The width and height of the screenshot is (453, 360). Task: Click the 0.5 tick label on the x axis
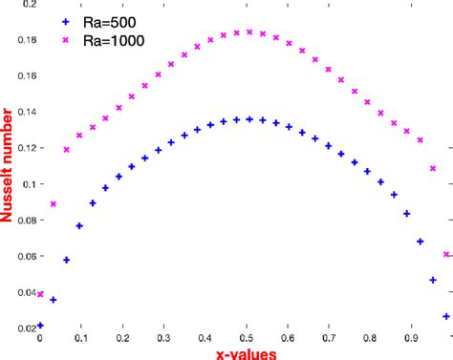point(247,337)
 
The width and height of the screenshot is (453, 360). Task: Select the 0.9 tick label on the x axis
point(411,337)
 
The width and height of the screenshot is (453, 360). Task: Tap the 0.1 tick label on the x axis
point(80,337)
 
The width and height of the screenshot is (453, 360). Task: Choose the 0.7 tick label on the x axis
point(329,337)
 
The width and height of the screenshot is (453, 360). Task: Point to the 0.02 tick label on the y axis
point(23,328)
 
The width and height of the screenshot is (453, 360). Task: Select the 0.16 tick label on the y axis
point(23,76)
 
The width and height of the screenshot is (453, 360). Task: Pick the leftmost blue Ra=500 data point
point(40,326)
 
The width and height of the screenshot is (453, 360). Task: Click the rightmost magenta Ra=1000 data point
point(446,255)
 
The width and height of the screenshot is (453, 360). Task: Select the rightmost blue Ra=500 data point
point(446,316)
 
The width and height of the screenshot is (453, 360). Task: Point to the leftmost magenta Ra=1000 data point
point(40,294)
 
